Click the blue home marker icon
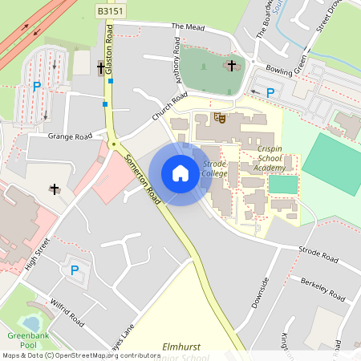click(180, 173)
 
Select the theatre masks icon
click(218, 118)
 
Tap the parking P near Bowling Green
click(270, 93)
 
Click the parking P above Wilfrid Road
click(75, 270)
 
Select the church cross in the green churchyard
click(232, 65)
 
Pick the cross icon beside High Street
click(55, 189)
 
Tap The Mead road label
click(189, 26)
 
